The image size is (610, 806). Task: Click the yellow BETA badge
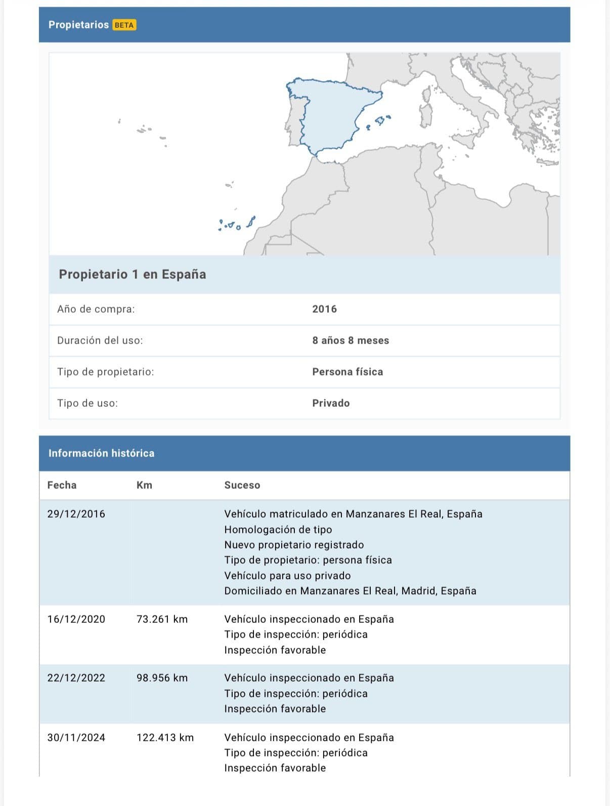tap(124, 25)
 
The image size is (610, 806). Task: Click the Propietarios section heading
tap(78, 25)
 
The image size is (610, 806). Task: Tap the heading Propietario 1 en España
tap(133, 274)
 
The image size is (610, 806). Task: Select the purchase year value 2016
tap(324, 309)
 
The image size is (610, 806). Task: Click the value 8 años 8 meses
tap(351, 340)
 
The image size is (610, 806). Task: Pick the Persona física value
tap(347, 371)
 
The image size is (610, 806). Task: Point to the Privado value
tap(331, 403)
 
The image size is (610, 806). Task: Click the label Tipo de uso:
tap(88, 403)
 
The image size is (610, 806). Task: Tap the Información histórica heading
tap(101, 453)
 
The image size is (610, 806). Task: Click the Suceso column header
tap(242, 485)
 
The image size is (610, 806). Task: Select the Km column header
tap(144, 485)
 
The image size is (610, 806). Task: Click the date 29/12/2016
tap(76, 514)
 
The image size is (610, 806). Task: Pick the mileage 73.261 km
tap(162, 619)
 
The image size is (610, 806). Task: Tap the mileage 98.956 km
tap(162, 677)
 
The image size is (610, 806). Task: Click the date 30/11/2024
tap(76, 737)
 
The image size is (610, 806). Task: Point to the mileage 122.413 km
tap(165, 737)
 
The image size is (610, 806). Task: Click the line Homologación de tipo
tap(278, 529)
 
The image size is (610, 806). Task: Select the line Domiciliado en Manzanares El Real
tap(350, 590)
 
